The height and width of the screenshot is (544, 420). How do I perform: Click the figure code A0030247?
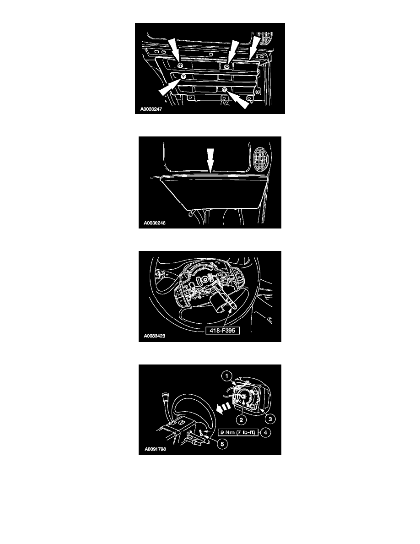tap(151, 109)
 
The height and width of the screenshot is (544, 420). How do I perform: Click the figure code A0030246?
tap(155, 223)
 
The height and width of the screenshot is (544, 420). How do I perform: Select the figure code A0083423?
tap(155, 336)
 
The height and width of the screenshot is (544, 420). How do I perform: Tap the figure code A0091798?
tap(155, 449)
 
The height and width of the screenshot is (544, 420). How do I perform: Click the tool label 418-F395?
tap(222, 331)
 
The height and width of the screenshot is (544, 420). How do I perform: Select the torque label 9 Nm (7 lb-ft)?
tap(238, 432)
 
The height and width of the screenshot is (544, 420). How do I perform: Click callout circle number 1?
tap(226, 376)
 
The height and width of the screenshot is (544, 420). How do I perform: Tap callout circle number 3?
tap(270, 419)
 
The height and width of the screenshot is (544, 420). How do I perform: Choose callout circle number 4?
tap(265, 432)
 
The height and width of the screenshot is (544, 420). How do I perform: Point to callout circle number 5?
tap(222, 444)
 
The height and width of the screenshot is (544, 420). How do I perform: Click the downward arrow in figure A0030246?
tap(210, 160)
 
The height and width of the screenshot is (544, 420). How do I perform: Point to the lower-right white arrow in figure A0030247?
tap(238, 99)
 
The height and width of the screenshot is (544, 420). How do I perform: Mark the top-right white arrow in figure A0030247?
tap(254, 46)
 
